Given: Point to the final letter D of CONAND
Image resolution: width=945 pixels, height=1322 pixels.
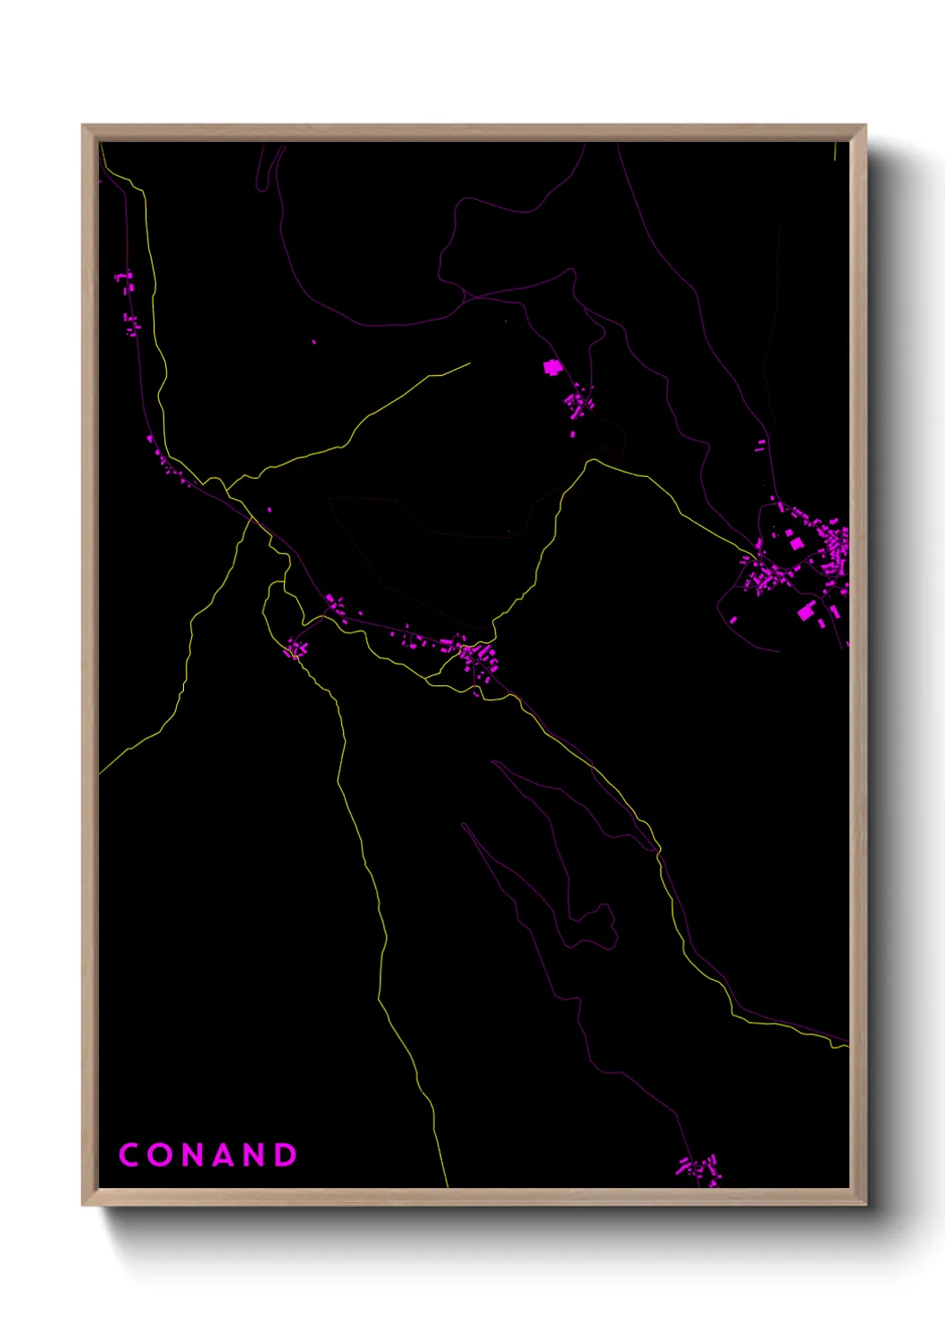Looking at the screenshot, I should pyautogui.click(x=285, y=1155).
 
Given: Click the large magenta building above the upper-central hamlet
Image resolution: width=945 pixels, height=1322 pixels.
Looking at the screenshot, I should pyautogui.click(x=552, y=367).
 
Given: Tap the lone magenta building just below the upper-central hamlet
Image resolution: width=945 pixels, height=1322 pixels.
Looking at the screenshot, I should pyautogui.click(x=573, y=434).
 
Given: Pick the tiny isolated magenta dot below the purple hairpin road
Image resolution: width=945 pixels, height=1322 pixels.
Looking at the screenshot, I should pyautogui.click(x=314, y=341).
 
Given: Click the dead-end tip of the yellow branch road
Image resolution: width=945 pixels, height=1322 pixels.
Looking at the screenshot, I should pyautogui.click(x=470, y=363).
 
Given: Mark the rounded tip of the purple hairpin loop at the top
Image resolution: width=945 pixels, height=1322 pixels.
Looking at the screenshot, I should pyautogui.click(x=261, y=188).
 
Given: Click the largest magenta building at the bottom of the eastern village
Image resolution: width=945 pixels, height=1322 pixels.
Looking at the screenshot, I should pyautogui.click(x=807, y=611).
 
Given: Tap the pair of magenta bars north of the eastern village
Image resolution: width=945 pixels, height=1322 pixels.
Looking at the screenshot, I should pyautogui.click(x=760, y=445).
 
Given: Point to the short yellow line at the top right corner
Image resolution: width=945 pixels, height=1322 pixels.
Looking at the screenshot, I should pyautogui.click(x=835, y=151).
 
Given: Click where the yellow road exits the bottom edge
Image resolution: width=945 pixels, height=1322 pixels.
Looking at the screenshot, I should pyautogui.click(x=447, y=1186).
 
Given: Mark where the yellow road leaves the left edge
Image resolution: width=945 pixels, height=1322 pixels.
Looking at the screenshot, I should pyautogui.click(x=101, y=773).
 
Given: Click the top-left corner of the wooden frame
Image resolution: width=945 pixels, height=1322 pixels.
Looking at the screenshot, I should pyautogui.click(x=83, y=126).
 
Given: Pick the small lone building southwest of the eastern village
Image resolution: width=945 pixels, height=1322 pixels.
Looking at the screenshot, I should pyautogui.click(x=733, y=619).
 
